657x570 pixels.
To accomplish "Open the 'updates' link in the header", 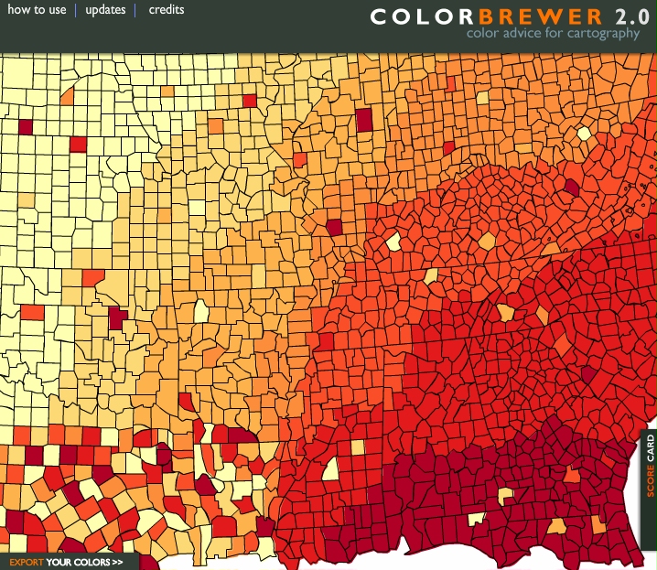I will pos(105,10).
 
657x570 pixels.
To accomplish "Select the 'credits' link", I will pos(167,10).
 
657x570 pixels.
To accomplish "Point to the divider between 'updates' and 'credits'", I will pos(135,10).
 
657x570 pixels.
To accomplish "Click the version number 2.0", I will pos(631,16).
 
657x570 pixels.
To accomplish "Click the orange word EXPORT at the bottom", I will pos(26,562).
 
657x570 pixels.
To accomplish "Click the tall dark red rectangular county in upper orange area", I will pos(365,120).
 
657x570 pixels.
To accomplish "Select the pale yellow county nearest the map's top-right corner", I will pos(583,134).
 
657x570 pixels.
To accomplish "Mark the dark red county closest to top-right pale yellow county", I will pos(572,188).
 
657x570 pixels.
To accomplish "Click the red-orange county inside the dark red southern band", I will pos(572,474).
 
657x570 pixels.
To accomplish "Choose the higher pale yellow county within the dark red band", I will pos(505,495).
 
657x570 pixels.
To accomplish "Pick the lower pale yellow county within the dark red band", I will pos(476,519).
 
